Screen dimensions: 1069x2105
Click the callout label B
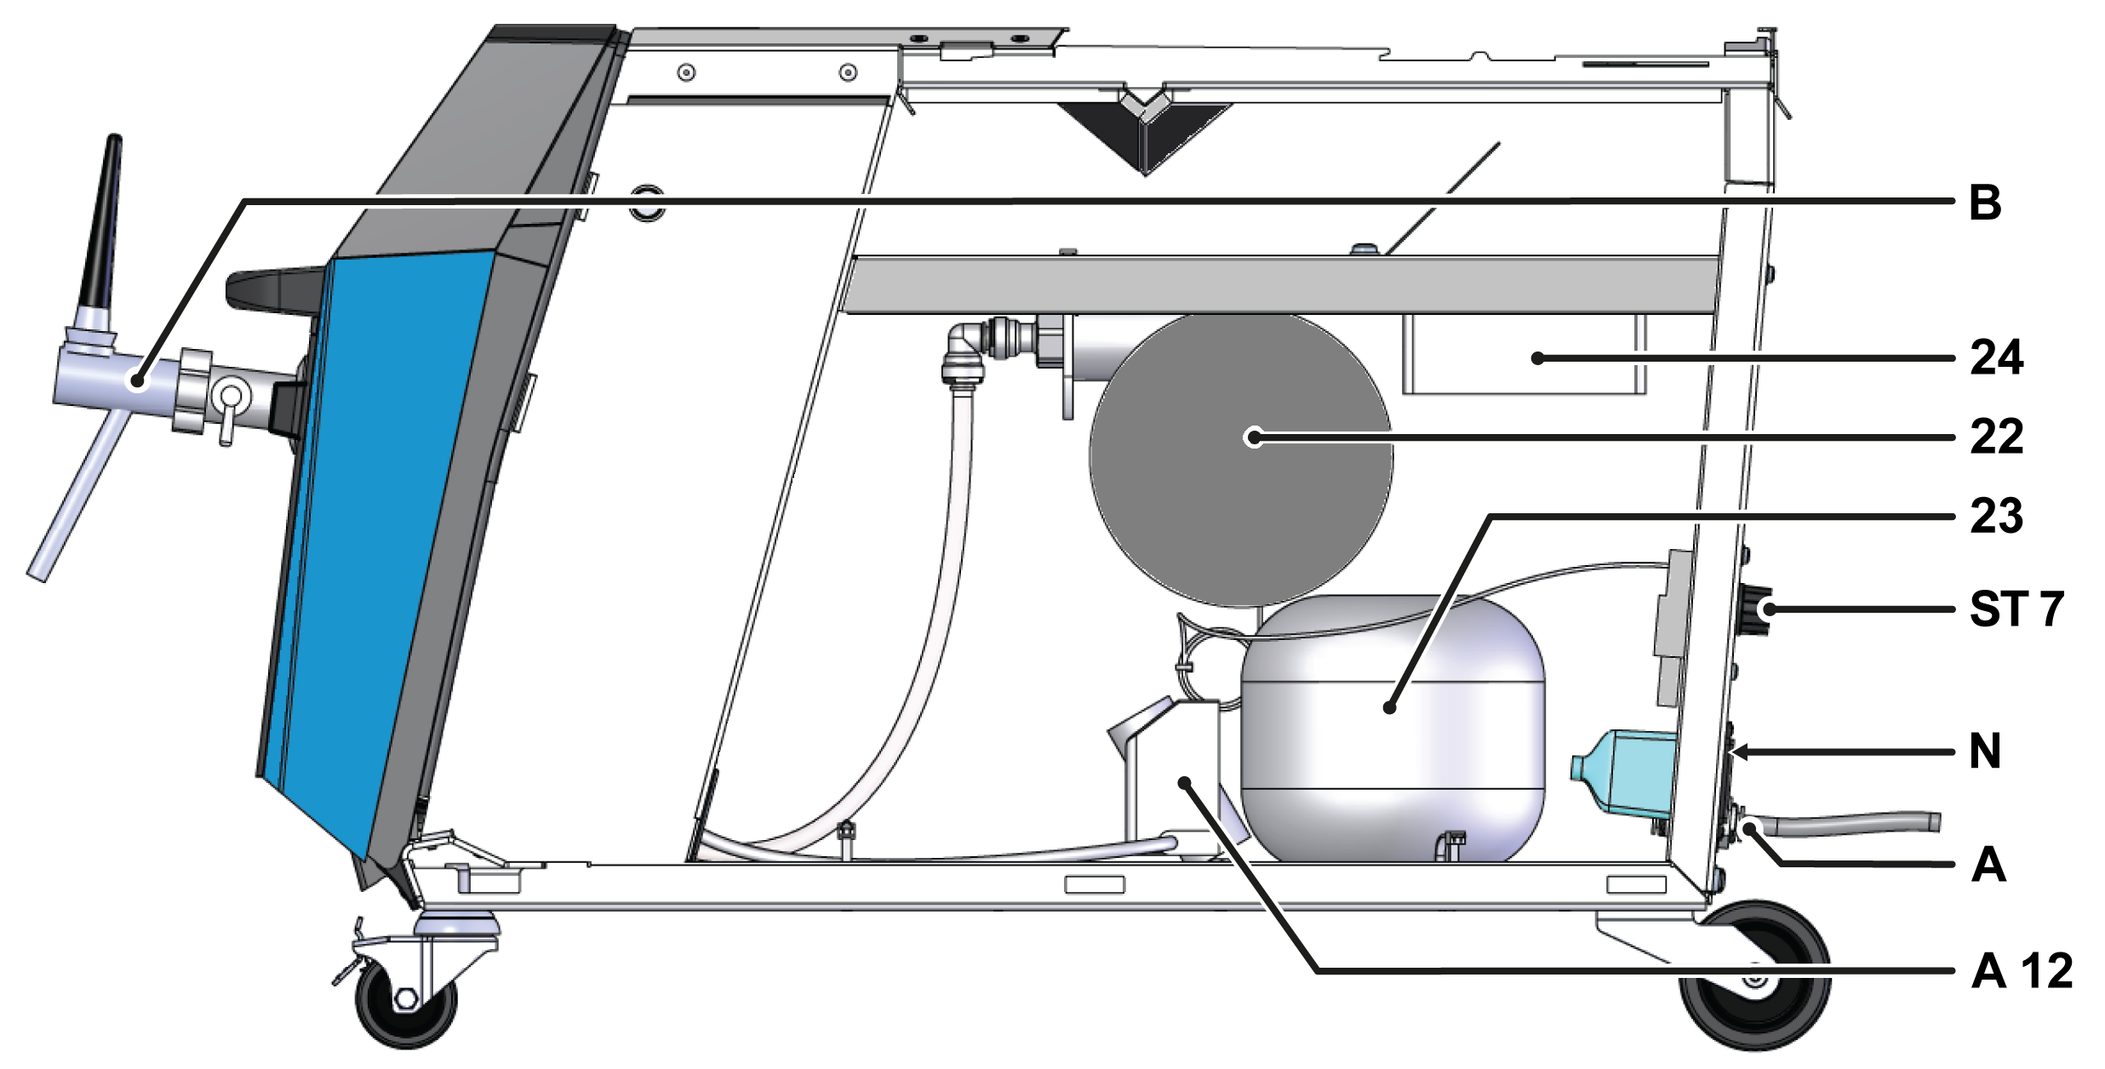tap(1985, 203)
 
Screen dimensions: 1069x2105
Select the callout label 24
tap(1996, 357)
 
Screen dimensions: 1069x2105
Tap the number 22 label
tap(1996, 437)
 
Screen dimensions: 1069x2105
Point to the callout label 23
tap(1996, 516)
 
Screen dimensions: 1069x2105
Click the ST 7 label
tap(2016, 609)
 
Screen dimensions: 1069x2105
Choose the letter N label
tap(1985, 752)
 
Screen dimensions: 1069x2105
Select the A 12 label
tap(2022, 971)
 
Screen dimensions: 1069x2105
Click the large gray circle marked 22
tap(1240, 460)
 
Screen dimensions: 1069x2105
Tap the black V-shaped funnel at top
tap(1145, 132)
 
